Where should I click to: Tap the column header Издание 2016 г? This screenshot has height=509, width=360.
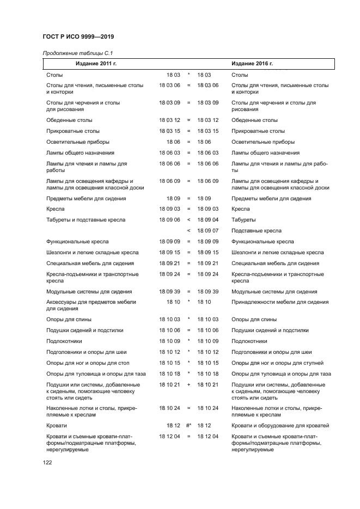[252, 64]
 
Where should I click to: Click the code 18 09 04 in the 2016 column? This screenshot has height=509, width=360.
[208, 220]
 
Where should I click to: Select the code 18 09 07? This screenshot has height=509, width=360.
[208, 231]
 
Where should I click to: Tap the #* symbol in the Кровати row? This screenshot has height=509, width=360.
[188, 426]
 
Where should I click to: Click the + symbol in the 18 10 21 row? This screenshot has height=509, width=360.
[188, 384]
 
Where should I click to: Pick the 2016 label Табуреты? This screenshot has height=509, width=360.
[243, 220]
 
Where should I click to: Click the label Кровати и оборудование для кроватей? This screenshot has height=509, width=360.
[280, 426]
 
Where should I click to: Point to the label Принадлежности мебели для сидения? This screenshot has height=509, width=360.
[280, 302]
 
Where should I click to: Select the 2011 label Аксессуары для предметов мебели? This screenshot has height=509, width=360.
[91, 302]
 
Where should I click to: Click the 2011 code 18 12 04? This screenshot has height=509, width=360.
[169, 437]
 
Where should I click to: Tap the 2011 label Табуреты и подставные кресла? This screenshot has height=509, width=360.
[86, 220]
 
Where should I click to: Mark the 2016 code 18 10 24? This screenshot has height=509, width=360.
[208, 407]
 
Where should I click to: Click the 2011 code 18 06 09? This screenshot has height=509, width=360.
[169, 181]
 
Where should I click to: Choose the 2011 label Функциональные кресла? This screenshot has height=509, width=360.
[77, 242]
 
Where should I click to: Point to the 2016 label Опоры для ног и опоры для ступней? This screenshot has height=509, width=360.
[277, 363]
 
